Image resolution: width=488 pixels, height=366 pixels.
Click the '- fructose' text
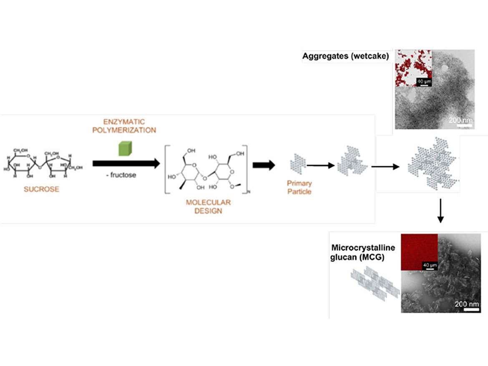(x=121, y=175)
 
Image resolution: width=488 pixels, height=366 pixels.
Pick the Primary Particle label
(x=299, y=188)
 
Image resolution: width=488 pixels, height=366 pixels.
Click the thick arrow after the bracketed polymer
(x=264, y=165)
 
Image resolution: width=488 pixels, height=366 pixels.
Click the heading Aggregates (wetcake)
(x=345, y=56)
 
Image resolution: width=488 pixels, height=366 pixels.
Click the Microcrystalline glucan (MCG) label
(x=362, y=253)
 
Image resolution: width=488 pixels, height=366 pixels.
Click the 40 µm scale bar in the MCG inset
(x=430, y=266)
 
